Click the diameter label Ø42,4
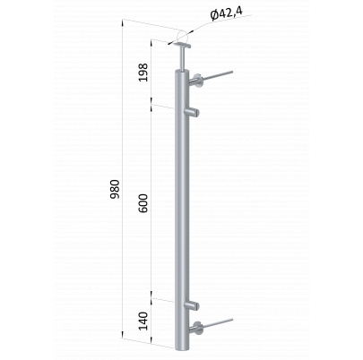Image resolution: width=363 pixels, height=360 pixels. click(x=226, y=14)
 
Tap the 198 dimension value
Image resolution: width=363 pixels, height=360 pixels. click(x=143, y=73)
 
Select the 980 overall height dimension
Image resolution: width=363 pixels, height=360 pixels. click(x=115, y=190)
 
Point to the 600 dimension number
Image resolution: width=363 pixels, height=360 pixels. click(x=143, y=203)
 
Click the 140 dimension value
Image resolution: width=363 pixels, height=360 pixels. click(x=143, y=321)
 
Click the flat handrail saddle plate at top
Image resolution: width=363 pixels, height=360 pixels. click(x=183, y=46)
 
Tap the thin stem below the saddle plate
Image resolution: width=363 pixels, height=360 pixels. click(x=182, y=59)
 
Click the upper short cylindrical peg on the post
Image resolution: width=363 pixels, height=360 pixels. click(x=192, y=113)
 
